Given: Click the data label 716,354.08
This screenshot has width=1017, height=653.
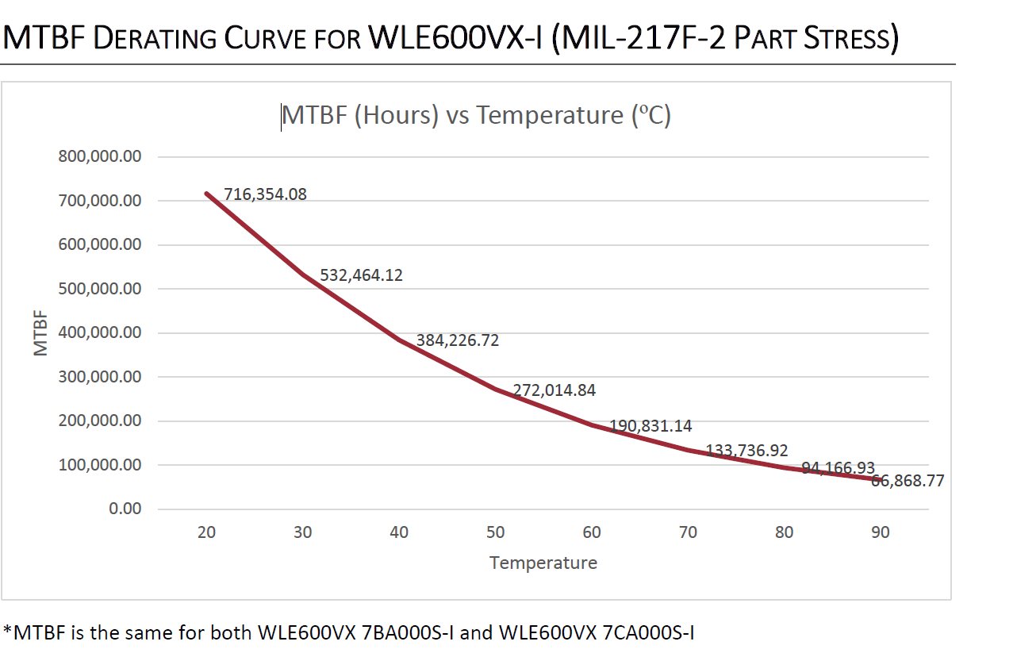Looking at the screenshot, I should click(x=265, y=194).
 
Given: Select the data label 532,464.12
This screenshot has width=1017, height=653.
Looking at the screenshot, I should click(x=361, y=276).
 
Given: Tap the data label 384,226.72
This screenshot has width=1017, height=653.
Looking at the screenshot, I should click(x=458, y=340).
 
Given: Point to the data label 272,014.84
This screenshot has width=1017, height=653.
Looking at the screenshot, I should click(x=554, y=390).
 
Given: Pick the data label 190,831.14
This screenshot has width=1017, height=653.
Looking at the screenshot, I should click(x=650, y=426).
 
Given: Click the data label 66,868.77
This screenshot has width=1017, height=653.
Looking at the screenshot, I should click(x=908, y=481).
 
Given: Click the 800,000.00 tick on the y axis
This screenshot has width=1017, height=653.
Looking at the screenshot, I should click(x=100, y=156).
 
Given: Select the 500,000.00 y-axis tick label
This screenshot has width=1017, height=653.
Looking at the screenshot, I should click(x=100, y=289).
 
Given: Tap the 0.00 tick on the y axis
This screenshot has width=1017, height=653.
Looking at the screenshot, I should click(x=125, y=509).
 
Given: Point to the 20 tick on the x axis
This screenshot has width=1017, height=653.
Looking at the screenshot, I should click(x=206, y=532).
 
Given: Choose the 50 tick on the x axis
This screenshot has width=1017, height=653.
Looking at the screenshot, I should click(x=495, y=532).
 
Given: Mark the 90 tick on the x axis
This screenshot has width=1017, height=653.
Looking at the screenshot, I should click(x=881, y=532).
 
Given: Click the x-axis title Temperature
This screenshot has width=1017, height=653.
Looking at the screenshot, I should click(x=543, y=563).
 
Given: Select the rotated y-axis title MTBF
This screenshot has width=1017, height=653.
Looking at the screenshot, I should click(x=42, y=333).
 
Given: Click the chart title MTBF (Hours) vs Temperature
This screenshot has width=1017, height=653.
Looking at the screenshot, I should click(x=476, y=116).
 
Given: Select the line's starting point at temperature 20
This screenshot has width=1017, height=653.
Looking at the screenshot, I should click(x=206, y=193).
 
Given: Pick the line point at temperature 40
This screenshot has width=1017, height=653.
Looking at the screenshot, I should click(x=399, y=339).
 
